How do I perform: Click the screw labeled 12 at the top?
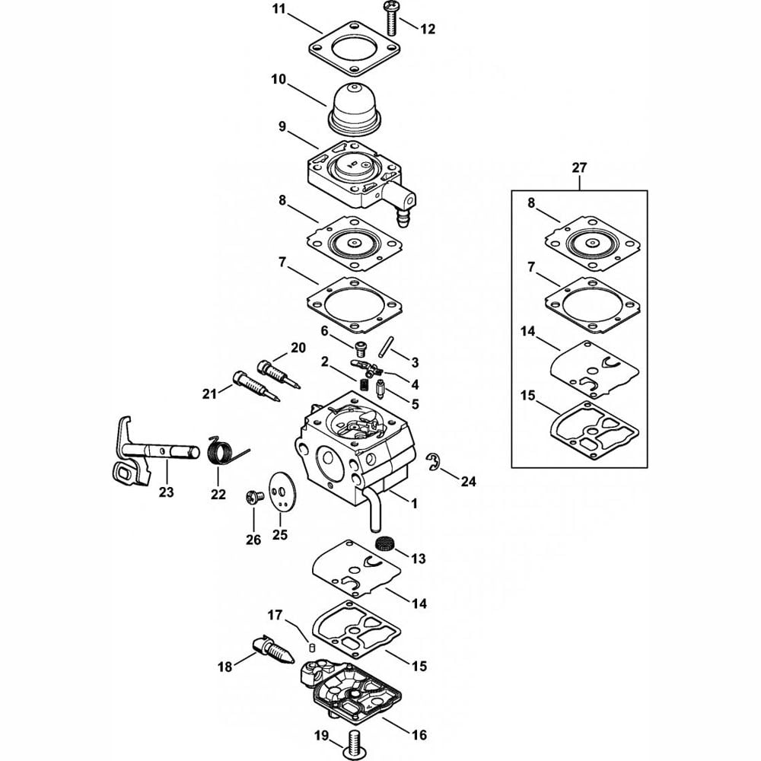click(x=390, y=19)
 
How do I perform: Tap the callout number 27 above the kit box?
click(x=579, y=167)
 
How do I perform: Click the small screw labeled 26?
click(x=254, y=497)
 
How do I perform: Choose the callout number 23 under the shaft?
click(x=166, y=492)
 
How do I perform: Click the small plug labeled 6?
click(x=360, y=348)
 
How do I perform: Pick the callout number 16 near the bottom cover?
click(x=419, y=735)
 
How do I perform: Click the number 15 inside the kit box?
click(x=527, y=396)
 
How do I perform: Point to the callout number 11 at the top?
click(x=279, y=9)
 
